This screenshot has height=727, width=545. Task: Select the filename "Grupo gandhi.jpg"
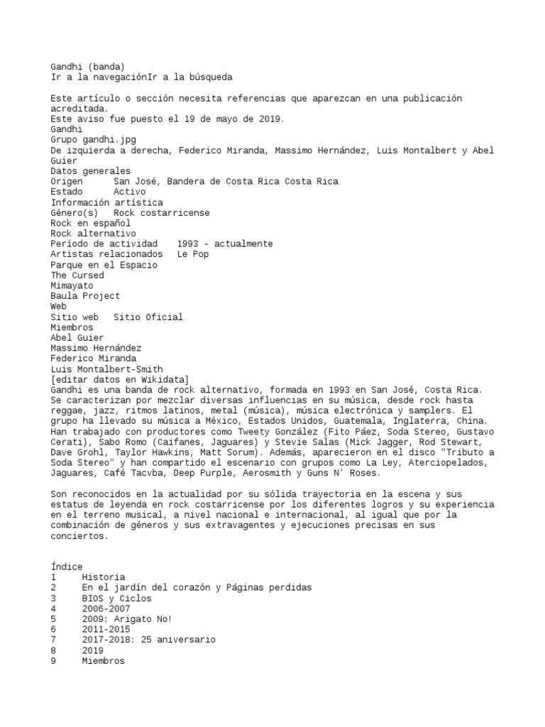coord(92,139)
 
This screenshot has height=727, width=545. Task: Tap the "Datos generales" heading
coord(90,170)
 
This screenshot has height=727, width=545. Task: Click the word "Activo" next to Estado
coord(129,192)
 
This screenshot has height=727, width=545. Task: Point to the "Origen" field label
coord(67,181)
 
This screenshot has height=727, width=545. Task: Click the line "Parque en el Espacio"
coord(104,265)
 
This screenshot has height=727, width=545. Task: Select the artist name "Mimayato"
coord(72,285)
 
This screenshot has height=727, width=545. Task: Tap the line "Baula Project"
coord(85,296)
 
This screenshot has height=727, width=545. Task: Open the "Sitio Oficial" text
coord(148,317)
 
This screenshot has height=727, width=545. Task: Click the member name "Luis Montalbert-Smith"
coord(106,369)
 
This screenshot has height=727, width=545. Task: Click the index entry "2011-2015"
coord(106,629)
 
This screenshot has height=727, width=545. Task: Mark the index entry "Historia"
coord(103,577)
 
